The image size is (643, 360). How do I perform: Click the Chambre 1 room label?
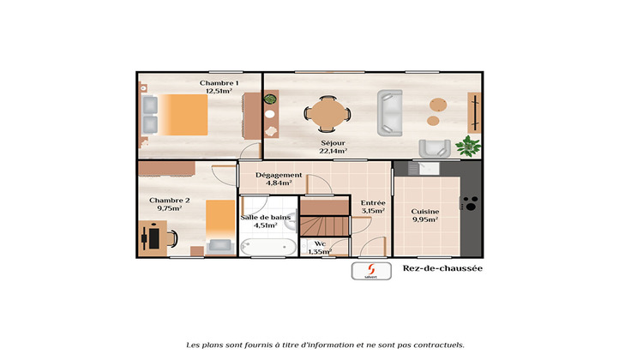219,83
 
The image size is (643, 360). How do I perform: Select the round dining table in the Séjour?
328,112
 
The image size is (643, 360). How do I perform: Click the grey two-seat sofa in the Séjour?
390,111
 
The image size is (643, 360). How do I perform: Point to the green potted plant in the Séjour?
467,146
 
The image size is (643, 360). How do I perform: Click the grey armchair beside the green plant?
434,147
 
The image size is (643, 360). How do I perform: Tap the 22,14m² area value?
334,151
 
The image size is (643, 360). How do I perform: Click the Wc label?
320,243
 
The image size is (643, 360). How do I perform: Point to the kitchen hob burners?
470,204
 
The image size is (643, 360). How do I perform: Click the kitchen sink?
429,167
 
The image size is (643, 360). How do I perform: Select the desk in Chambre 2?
154,237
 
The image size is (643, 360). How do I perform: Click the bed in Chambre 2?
219,226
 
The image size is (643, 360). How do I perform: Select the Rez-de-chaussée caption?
442,269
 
